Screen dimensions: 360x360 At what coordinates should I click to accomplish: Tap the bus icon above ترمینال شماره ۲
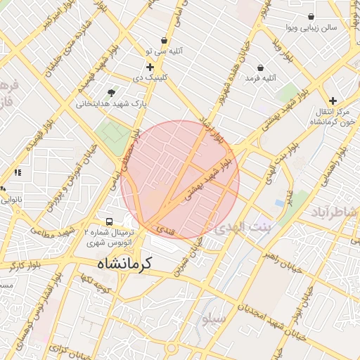click(x=108, y=221)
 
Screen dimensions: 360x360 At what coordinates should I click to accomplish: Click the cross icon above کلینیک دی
click(x=150, y=67)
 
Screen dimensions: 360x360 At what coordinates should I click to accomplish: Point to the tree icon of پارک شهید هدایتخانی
click(x=111, y=93)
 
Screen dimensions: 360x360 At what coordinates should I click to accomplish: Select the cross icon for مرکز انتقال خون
click(x=333, y=101)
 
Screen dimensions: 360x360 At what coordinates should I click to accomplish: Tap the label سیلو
click(x=214, y=319)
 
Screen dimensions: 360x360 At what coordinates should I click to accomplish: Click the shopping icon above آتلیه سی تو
click(x=164, y=40)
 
